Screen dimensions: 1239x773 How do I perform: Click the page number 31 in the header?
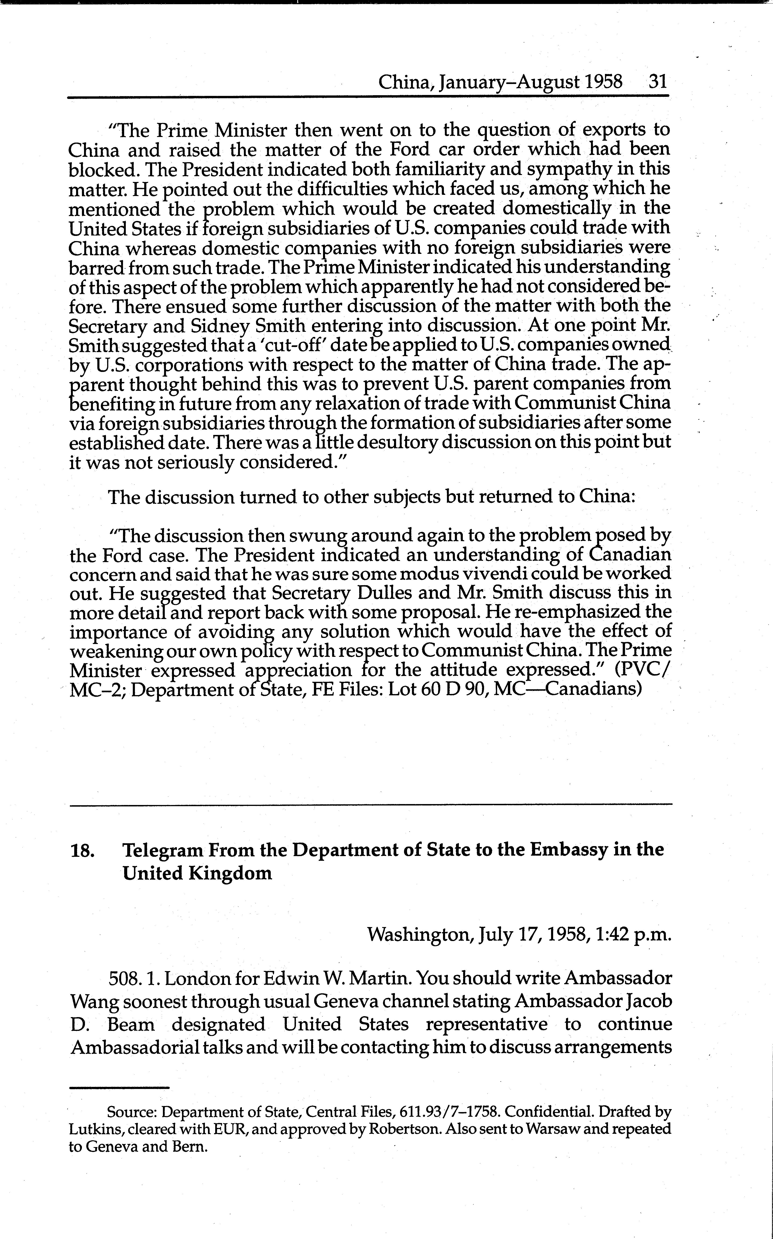[657, 82]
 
